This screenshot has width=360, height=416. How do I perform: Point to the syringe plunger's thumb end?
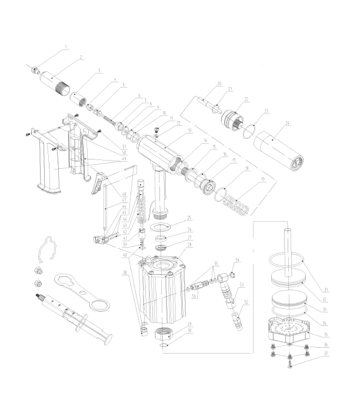107,338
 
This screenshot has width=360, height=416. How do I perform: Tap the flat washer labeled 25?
159,227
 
